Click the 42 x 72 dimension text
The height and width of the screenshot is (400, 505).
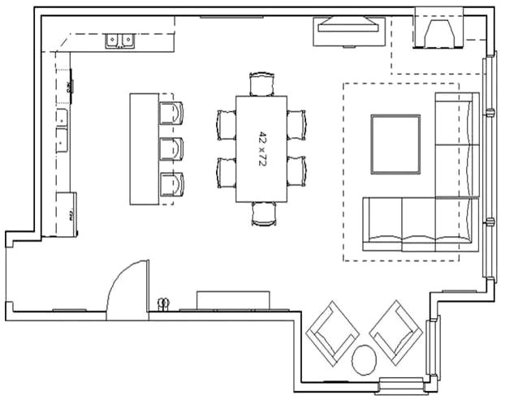[x=262, y=148]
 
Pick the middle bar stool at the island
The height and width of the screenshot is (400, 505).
[x=170, y=148]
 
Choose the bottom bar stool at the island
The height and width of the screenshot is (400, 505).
[x=170, y=186]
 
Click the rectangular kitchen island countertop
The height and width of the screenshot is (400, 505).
[x=144, y=148]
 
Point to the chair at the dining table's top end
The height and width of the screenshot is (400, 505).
[x=262, y=84]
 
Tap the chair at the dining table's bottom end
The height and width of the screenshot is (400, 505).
[x=264, y=213]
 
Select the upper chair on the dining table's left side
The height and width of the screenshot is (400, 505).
[x=226, y=123]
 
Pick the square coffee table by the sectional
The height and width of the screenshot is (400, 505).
[x=395, y=144]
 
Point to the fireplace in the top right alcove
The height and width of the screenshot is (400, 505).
[x=438, y=32]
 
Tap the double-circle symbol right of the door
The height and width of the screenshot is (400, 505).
[x=163, y=303]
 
